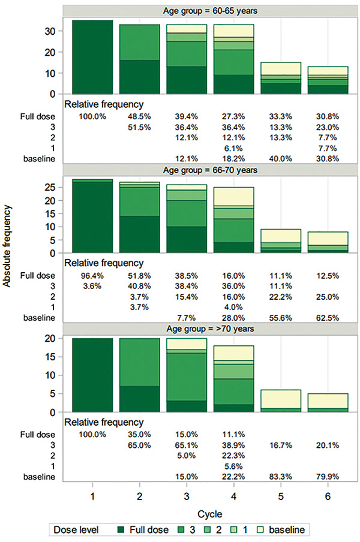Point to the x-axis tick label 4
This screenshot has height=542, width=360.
point(232,497)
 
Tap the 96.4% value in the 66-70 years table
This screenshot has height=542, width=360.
point(92,276)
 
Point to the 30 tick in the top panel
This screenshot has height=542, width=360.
point(52,31)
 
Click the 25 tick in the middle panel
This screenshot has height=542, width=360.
point(52,187)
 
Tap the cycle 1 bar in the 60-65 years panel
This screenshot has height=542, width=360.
point(92,57)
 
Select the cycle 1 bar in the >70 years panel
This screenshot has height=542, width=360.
point(92,375)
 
